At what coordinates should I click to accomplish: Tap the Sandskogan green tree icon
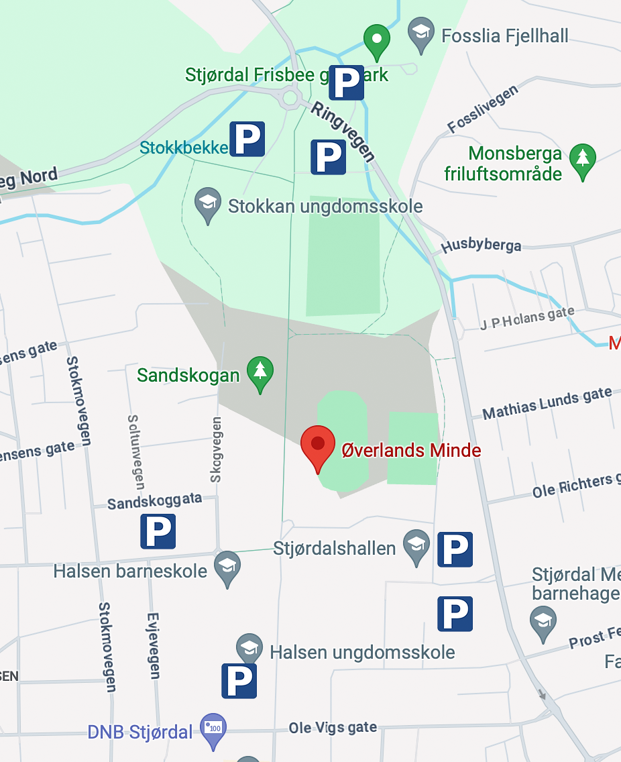click(x=260, y=373)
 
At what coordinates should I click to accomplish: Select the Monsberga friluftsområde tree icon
click(x=582, y=160)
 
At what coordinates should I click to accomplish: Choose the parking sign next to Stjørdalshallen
click(x=455, y=549)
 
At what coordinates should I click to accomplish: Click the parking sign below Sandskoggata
click(x=158, y=531)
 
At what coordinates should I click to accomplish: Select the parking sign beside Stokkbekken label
click(x=247, y=139)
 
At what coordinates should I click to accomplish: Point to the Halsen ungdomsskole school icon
click(x=249, y=649)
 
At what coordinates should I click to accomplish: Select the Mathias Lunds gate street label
click(x=547, y=404)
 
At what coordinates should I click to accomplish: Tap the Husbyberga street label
click(x=481, y=246)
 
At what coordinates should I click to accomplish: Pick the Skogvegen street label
click(x=216, y=449)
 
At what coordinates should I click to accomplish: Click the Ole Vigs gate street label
click(x=333, y=728)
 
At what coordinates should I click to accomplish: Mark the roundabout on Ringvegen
click(x=290, y=99)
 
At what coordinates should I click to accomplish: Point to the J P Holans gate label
click(x=527, y=319)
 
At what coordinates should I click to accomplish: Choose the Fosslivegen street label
click(x=483, y=109)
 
